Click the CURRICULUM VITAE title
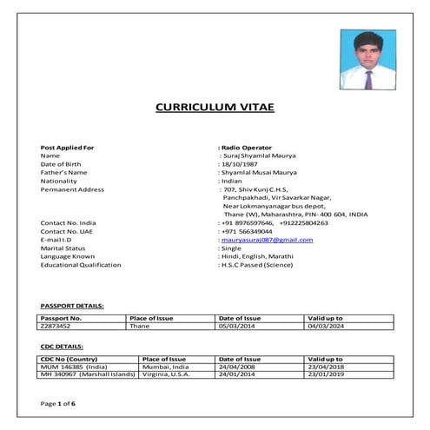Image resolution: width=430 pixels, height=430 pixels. click(213, 108)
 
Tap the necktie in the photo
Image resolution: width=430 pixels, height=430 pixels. click(369, 80)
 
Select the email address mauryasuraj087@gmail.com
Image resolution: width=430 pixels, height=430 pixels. click(267, 239)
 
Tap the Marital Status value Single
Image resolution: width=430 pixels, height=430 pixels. click(231, 248)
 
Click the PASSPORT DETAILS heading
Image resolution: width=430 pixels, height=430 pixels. click(72, 306)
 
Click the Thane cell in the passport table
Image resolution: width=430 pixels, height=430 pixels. click(139, 327)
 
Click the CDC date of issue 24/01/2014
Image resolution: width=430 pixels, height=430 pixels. click(235, 374)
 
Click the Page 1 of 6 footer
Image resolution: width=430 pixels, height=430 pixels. click(58, 404)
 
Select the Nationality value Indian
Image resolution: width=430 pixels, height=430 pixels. click(231, 181)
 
